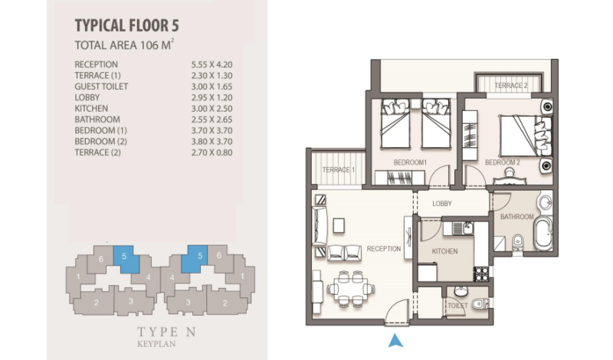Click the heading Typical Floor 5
tap(126, 25)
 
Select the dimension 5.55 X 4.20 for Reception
tap(212, 64)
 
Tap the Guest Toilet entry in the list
tap(101, 87)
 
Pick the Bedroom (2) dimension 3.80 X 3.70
tap(212, 142)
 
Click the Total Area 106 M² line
tap(124, 45)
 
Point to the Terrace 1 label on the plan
tap(339, 169)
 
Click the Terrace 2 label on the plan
tap(511, 85)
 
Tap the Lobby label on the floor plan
tap(442, 204)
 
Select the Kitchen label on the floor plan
tap(445, 251)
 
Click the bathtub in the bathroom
tap(543, 234)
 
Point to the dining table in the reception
tap(351, 290)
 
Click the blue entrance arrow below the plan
tap(395, 340)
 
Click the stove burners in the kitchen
tap(481, 274)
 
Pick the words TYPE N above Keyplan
tap(166, 332)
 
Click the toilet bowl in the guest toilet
tap(480, 304)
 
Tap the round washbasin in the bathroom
tap(545, 203)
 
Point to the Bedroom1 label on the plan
tap(410, 162)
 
